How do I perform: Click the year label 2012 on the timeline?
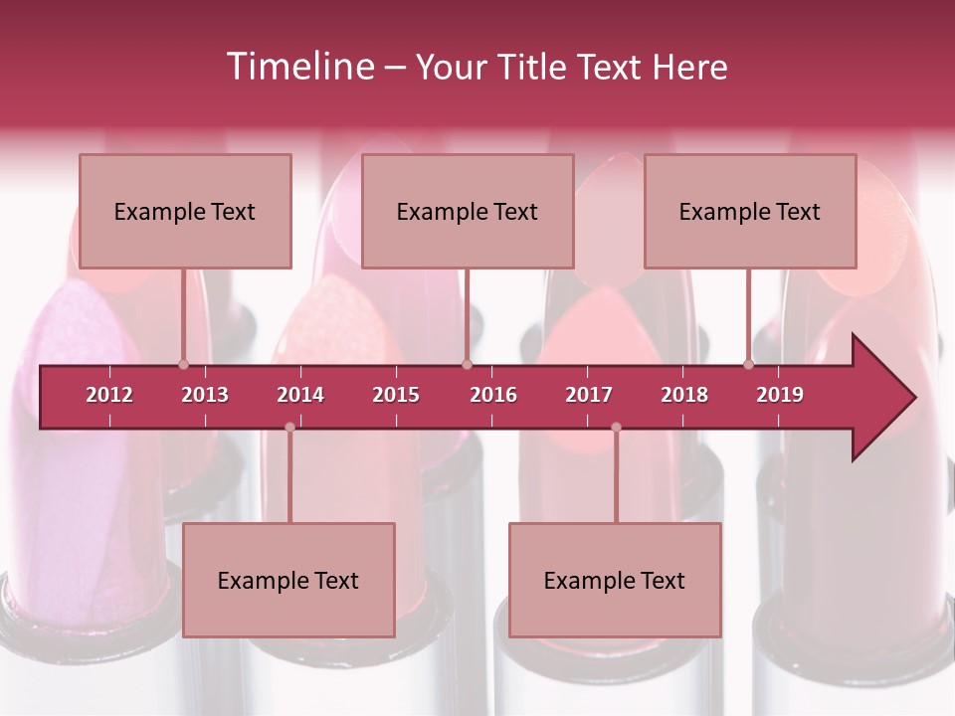click(x=109, y=395)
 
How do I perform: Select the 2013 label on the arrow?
click(x=205, y=395)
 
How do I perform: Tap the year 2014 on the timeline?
click(x=300, y=395)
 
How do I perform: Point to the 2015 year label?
click(x=396, y=395)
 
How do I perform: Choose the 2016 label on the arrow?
click(x=493, y=395)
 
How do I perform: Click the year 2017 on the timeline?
click(x=589, y=395)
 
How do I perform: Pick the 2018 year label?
click(x=684, y=395)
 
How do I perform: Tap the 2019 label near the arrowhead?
click(x=780, y=395)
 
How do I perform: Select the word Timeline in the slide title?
click(x=298, y=67)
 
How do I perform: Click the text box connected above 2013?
click(x=185, y=211)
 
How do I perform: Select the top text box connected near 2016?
click(x=468, y=211)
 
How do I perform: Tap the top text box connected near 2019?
click(x=750, y=211)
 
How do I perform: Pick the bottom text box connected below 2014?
click(x=288, y=580)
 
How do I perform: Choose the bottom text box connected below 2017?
click(x=615, y=580)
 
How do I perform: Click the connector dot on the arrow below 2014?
click(x=289, y=427)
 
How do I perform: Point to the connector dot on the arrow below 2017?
click(x=616, y=427)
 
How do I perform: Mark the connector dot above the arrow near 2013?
click(x=183, y=364)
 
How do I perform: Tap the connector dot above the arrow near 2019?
click(x=748, y=364)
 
